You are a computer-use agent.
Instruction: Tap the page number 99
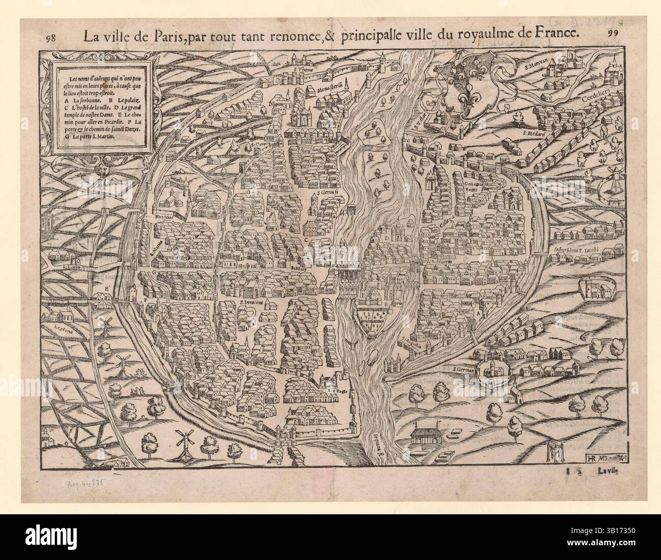(x=613, y=34)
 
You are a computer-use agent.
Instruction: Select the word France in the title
(x=558, y=33)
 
